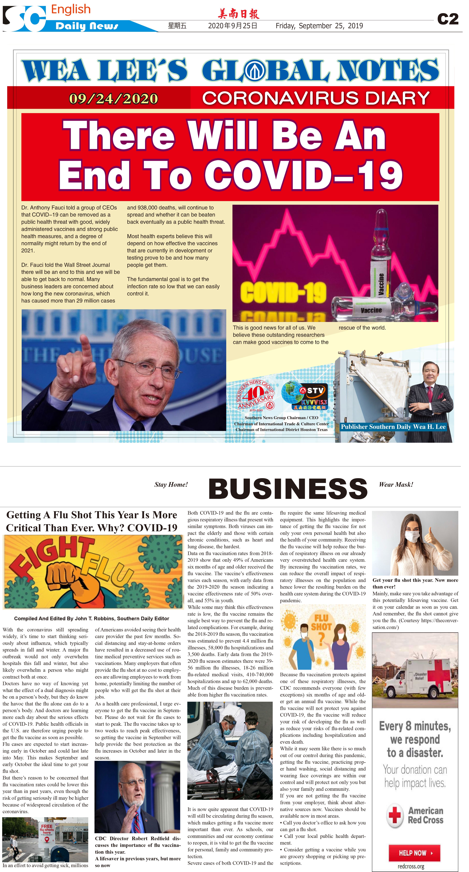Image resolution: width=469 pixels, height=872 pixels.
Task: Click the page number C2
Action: pyautogui.click(x=448, y=19)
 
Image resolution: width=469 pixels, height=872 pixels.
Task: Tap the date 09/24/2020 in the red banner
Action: pyautogui.click(x=113, y=98)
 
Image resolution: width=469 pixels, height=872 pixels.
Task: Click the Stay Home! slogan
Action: pyautogui.click(x=171, y=484)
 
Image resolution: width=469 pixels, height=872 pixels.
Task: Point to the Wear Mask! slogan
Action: pyautogui.click(x=396, y=484)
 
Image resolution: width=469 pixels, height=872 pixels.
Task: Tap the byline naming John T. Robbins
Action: pyautogui.click(x=91, y=619)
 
